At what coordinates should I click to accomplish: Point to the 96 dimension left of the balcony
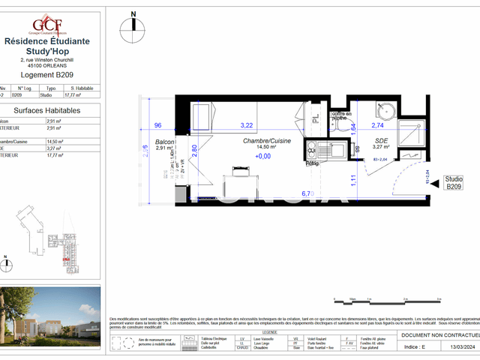pyautogui.click(x=158, y=125)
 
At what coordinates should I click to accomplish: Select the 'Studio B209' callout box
pyautogui.click(x=454, y=183)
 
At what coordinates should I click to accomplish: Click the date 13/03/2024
pyautogui.click(x=458, y=346)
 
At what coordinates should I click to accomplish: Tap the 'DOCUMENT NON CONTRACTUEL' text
pyautogui.click(x=439, y=336)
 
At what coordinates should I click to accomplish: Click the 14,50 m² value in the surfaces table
pyautogui.click(x=54, y=140)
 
